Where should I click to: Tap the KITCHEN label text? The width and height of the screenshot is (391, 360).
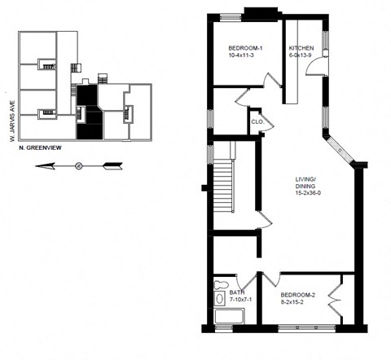pyautogui.click(x=301, y=48)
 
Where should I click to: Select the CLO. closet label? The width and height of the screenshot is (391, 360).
pyautogui.click(x=257, y=123)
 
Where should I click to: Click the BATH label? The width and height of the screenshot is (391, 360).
pyautogui.click(x=236, y=292)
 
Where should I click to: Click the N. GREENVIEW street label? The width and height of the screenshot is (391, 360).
pyautogui.click(x=37, y=148)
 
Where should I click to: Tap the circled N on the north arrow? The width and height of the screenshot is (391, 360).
pyautogui.click(x=79, y=165)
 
